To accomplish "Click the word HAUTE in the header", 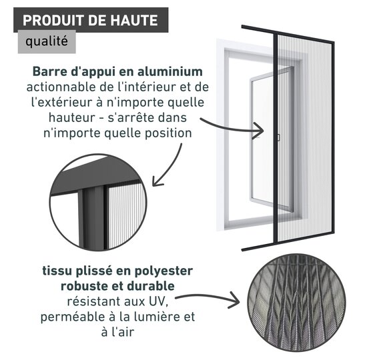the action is [133, 20].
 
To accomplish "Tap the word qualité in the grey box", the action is [47, 41].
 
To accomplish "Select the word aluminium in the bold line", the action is [170, 71].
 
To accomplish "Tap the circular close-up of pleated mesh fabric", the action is [296, 303].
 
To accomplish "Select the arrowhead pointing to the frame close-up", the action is [157, 181].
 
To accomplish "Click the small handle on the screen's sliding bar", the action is [279, 137].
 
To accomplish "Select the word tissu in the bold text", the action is [55, 271].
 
